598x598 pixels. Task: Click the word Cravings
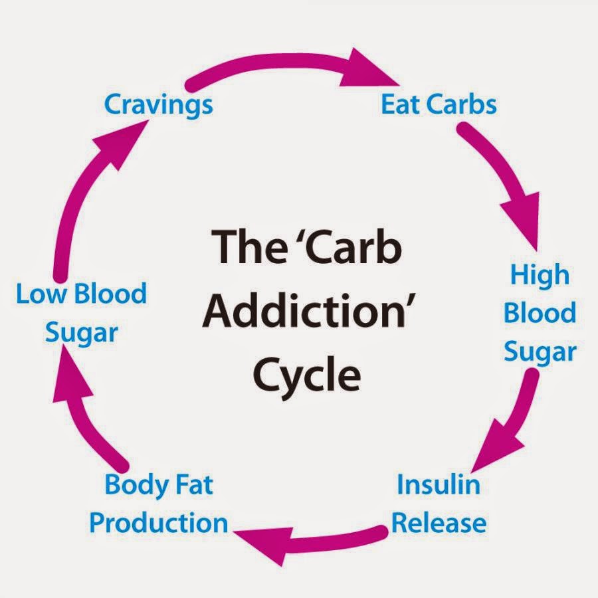click(x=158, y=106)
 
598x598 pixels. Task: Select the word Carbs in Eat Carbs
click(x=462, y=104)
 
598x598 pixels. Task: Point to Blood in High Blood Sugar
click(x=540, y=313)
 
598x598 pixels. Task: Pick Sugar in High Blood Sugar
click(x=540, y=353)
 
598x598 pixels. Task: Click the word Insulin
click(x=439, y=484)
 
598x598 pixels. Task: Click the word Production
click(x=158, y=523)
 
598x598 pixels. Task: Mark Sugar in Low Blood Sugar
click(x=81, y=334)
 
